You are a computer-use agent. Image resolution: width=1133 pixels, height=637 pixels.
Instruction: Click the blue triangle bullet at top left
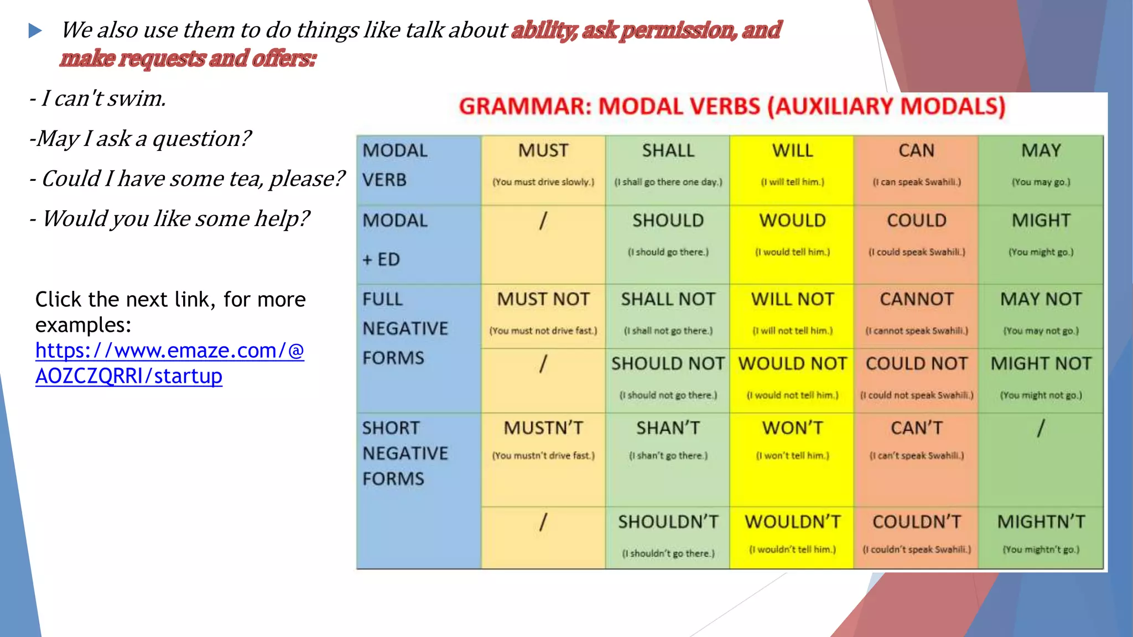tap(35, 31)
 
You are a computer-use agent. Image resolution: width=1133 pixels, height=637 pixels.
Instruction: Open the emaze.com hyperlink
tap(169, 363)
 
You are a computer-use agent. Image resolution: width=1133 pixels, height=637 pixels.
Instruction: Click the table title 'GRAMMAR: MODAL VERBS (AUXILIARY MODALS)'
tap(732, 106)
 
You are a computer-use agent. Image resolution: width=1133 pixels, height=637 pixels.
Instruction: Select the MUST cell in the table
tap(543, 150)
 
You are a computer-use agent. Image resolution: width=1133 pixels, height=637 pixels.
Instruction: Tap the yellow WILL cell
tap(792, 150)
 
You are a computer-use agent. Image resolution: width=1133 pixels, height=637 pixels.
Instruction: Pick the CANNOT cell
tap(917, 299)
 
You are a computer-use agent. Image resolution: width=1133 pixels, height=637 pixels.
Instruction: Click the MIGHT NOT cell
tap(1041, 363)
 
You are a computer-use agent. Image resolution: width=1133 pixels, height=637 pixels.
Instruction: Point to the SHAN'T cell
tap(668, 428)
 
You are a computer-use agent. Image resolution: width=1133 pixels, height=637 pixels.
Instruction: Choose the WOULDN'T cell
tap(792, 521)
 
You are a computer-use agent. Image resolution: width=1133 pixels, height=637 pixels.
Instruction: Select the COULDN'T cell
tap(917, 521)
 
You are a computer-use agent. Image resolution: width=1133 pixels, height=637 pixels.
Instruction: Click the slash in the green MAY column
tap(1041, 428)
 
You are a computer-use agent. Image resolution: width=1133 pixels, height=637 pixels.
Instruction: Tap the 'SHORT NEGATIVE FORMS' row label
tap(405, 453)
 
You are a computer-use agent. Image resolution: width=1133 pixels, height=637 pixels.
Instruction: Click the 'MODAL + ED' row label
tap(395, 240)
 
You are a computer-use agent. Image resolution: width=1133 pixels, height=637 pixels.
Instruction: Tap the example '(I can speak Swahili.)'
tap(917, 182)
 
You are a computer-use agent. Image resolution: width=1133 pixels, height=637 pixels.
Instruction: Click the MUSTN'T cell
tap(543, 428)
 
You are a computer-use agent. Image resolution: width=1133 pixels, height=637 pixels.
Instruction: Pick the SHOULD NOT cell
tap(668, 363)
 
